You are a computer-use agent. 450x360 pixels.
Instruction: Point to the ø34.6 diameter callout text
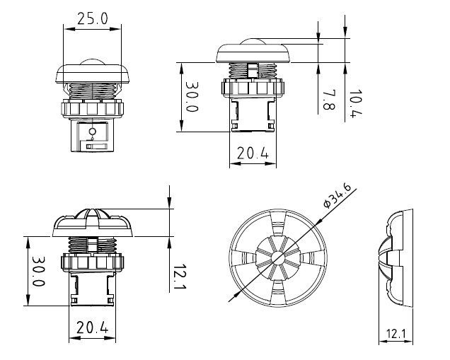coord(337,194)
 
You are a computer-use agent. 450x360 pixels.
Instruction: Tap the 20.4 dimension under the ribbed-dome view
coord(93,327)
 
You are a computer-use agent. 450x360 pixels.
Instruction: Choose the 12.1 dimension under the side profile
coord(395,333)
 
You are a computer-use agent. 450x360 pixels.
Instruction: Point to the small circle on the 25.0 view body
coord(92,132)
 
